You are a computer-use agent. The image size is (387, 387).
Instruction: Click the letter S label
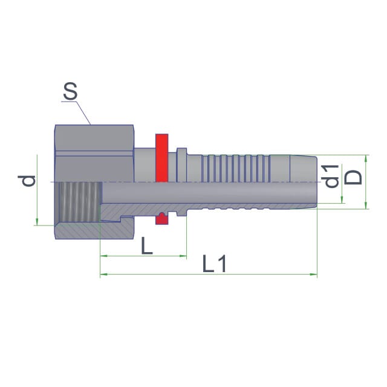point(70,91)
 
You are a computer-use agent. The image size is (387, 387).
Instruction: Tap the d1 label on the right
point(331,176)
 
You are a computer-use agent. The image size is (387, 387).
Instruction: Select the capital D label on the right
point(353,177)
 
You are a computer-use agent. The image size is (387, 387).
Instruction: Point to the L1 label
point(215,264)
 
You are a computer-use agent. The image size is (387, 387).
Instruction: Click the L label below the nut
point(147,246)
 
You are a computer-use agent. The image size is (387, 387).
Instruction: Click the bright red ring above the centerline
point(162,158)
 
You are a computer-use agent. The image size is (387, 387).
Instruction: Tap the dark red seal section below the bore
point(161,218)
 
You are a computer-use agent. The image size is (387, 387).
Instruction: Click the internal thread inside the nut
point(77,202)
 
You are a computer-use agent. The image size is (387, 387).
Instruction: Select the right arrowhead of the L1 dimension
point(314,274)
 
